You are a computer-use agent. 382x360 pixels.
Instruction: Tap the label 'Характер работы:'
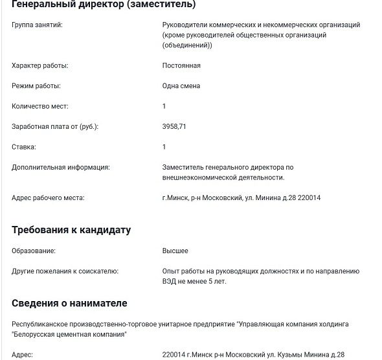[40, 65]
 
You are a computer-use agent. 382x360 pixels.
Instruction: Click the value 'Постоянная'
[181, 65]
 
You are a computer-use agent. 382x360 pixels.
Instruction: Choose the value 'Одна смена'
[181, 86]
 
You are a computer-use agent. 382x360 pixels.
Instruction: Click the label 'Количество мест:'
[39, 106]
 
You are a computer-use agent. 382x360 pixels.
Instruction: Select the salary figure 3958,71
[174, 127]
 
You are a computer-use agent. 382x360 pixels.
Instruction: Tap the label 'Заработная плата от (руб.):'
[55, 127]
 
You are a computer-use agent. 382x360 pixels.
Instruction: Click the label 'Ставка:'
[24, 147]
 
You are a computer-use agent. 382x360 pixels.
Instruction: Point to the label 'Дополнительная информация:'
[60, 167]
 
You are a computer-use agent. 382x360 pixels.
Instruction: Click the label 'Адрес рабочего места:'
[48, 197]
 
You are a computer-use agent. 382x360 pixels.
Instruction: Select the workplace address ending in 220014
[242, 197]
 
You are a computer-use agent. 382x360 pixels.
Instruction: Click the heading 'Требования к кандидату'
[71, 230]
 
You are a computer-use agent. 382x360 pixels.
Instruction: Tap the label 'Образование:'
[34, 251]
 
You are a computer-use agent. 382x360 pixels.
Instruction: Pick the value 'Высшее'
[175, 251]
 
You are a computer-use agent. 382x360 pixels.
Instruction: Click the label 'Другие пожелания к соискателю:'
[65, 271]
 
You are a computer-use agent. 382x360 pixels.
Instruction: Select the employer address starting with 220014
[253, 355]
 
